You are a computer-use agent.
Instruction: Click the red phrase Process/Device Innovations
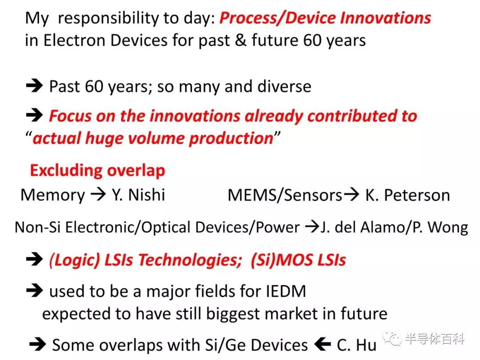[325, 18]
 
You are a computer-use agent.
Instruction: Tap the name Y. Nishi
[138, 195]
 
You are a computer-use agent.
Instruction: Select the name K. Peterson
[408, 195]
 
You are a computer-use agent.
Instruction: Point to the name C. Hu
[356, 345]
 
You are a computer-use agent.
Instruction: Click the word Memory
[52, 195]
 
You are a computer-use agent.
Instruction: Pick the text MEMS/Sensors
[285, 195]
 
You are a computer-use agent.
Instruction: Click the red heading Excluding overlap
[98, 171]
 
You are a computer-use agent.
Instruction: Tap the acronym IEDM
[286, 291]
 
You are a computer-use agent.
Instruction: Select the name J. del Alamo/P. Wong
[394, 228]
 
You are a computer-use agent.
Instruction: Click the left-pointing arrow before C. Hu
[323, 344]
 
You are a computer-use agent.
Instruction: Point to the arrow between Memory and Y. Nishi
[98, 194]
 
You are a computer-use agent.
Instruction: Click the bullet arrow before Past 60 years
[34, 86]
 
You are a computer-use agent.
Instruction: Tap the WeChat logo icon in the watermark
[392, 339]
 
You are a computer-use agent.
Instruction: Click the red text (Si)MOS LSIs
[299, 260]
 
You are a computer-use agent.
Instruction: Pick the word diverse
[284, 86]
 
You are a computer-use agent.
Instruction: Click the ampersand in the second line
[240, 40]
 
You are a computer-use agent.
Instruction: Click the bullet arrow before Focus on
[34, 115]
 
